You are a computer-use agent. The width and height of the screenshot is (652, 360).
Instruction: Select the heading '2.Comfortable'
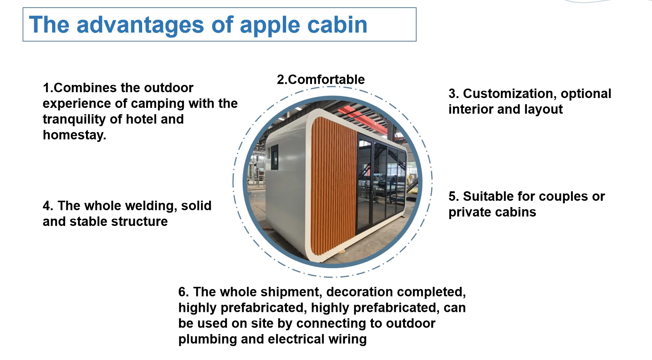(x=321, y=79)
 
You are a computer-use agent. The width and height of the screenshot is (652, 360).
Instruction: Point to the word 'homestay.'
(x=74, y=135)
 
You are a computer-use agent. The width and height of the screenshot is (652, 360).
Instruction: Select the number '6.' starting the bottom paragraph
(x=183, y=292)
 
